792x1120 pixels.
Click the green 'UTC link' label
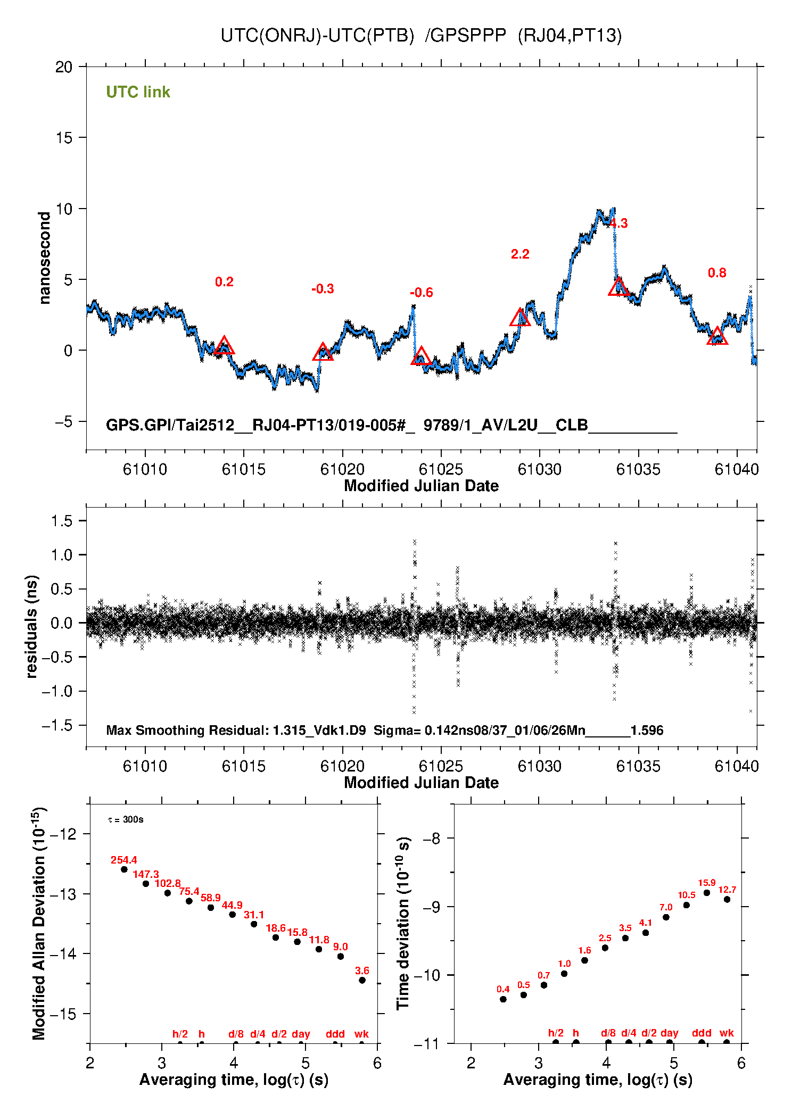pyautogui.click(x=138, y=92)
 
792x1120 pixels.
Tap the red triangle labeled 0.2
pyautogui.click(x=224, y=346)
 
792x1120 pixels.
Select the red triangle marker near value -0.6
pyautogui.click(x=421, y=356)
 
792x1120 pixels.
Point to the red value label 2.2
pyautogui.click(x=520, y=254)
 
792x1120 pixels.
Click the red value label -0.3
pyautogui.click(x=323, y=289)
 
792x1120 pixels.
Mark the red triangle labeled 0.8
pyautogui.click(x=717, y=337)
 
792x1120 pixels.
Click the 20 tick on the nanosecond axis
pyautogui.click(x=64, y=67)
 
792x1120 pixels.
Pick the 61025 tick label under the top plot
pyautogui.click(x=441, y=469)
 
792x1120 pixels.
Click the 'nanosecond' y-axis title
pyautogui.click(x=45, y=258)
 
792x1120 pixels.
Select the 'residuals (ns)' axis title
pyautogui.click(x=32, y=626)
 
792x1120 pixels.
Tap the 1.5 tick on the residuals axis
pyautogui.click(x=62, y=521)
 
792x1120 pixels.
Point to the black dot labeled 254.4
pyautogui.click(x=124, y=869)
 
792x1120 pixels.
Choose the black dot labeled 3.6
pyautogui.click(x=362, y=980)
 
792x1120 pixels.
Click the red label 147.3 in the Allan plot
pyautogui.click(x=146, y=874)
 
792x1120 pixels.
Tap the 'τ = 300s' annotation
pyautogui.click(x=126, y=819)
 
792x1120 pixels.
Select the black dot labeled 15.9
pyautogui.click(x=707, y=893)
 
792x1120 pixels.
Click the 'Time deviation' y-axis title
pyautogui.click(x=403, y=924)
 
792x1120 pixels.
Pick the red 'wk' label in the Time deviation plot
pyautogui.click(x=727, y=1033)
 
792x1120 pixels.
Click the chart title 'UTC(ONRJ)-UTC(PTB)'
pyautogui.click(x=317, y=36)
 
